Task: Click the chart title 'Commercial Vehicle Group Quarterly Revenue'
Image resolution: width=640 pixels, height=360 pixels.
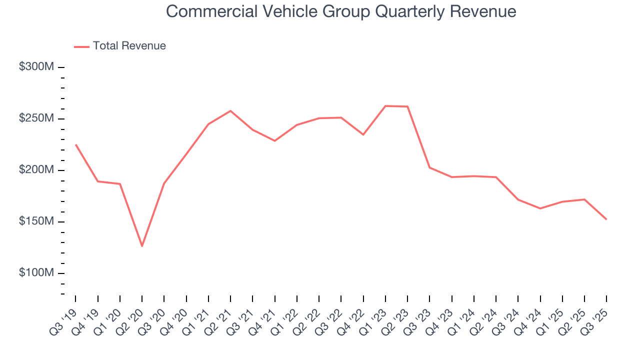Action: (x=341, y=11)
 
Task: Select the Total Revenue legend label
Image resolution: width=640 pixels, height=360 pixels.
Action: (x=129, y=46)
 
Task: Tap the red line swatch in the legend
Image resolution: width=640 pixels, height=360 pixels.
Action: (x=81, y=46)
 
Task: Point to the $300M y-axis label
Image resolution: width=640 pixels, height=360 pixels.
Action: (x=36, y=67)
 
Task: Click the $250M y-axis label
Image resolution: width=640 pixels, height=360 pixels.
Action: (x=36, y=118)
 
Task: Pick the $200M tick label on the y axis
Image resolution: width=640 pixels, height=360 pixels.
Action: (x=36, y=170)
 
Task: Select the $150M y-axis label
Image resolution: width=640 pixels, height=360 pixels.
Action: (x=36, y=221)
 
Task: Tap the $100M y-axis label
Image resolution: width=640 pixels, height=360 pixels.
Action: (x=36, y=273)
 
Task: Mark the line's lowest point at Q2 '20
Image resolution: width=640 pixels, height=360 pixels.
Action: (x=142, y=246)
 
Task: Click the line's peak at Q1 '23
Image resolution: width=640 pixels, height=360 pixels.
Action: (x=385, y=106)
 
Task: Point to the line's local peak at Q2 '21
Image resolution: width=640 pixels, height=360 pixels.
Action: (x=230, y=110)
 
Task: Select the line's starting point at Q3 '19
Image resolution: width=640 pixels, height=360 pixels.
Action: (x=75, y=144)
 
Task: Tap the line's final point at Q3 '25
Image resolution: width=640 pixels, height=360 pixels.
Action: (x=606, y=219)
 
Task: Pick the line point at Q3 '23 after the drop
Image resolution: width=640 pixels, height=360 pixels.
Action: (x=429, y=167)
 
